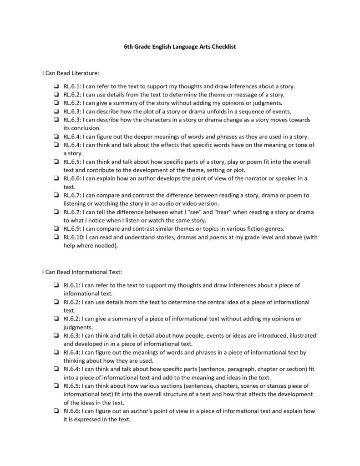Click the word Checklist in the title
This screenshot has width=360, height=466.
click(x=223, y=47)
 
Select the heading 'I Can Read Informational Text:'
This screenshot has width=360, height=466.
click(x=82, y=272)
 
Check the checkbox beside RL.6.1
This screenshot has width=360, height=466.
click(x=55, y=86)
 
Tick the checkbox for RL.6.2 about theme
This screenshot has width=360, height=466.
click(x=55, y=94)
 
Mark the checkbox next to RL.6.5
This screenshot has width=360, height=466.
click(x=55, y=162)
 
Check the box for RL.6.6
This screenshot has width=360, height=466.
click(x=55, y=178)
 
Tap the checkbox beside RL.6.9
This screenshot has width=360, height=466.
click(x=55, y=228)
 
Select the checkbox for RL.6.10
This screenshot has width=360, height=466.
click(x=55, y=237)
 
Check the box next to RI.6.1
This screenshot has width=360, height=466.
click(x=55, y=285)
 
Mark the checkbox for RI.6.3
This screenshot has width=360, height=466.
click(x=55, y=335)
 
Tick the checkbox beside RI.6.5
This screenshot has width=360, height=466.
click(x=55, y=385)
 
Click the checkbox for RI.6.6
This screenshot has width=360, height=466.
click(x=55, y=411)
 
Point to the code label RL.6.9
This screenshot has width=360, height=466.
click(x=72, y=228)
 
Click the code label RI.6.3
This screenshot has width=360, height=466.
click(x=71, y=335)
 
